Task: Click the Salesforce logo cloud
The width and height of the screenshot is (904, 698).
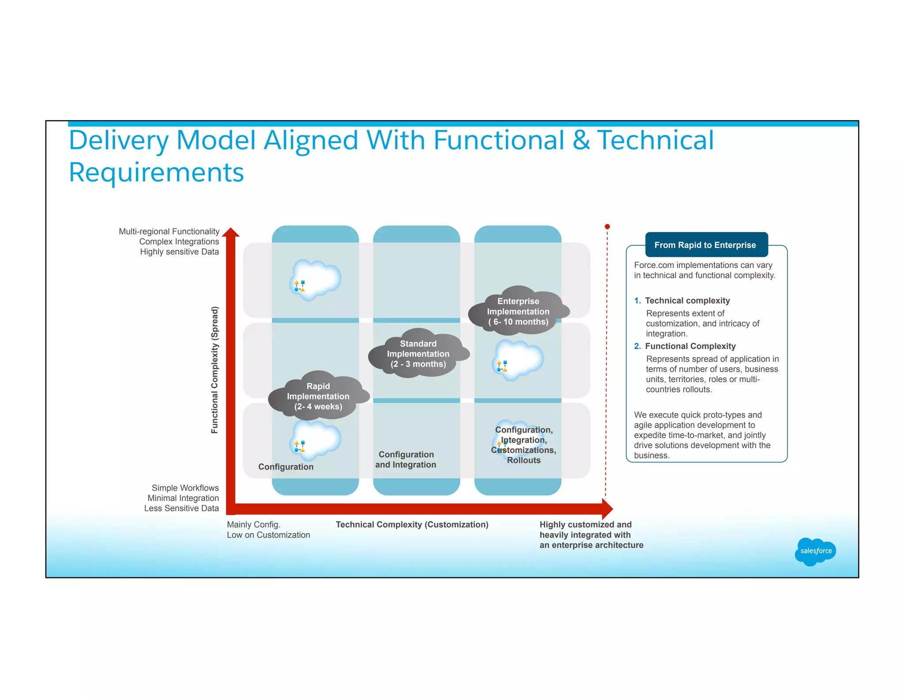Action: pos(815,551)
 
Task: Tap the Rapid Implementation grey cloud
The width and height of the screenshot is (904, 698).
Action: pos(318,396)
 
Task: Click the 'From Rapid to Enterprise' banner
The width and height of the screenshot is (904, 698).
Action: pos(705,245)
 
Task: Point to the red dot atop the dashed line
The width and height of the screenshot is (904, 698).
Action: pos(607,227)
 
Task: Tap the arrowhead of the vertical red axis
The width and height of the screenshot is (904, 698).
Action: pos(230,233)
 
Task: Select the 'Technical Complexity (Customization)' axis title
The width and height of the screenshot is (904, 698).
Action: pos(412,525)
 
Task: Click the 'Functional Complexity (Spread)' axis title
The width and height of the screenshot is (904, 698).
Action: pos(215,370)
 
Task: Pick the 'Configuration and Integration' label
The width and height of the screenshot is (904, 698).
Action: pos(406,459)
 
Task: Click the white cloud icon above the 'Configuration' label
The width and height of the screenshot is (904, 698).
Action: pos(316,439)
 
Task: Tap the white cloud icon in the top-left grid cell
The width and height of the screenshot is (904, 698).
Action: pos(316,279)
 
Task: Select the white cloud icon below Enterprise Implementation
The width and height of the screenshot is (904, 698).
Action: pos(518,359)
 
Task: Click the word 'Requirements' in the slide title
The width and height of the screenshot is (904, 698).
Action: pos(156,172)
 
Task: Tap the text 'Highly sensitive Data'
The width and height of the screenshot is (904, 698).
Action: pos(179,252)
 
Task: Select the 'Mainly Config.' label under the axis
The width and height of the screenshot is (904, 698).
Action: pos(253,525)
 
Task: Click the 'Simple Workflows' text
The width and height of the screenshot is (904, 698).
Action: pos(185,488)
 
